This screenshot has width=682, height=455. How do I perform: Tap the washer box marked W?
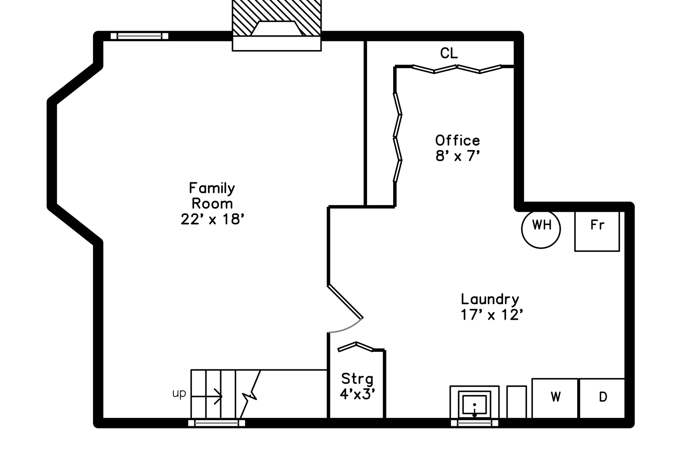[555, 398]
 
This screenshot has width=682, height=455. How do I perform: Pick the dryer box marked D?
[602, 398]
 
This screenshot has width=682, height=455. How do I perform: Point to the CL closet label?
[449, 53]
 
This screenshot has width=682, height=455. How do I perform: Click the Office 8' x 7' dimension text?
[458, 156]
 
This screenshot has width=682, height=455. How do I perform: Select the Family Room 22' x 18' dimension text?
[213, 219]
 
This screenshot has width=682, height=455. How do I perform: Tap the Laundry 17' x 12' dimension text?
[492, 315]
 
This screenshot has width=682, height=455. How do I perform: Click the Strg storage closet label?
[357, 379]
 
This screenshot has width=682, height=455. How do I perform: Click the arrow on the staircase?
[207, 396]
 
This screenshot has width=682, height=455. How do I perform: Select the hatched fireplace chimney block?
[277, 18]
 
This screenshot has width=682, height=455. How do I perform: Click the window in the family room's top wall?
[139, 36]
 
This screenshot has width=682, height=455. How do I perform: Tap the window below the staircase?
[216, 423]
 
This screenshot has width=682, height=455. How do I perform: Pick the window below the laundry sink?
[474, 423]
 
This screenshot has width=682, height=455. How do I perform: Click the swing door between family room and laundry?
[345, 301]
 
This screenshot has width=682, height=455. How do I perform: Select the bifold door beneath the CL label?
[457, 69]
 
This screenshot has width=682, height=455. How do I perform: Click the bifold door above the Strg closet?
[356, 346]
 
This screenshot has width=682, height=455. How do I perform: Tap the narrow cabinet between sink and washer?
[517, 402]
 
